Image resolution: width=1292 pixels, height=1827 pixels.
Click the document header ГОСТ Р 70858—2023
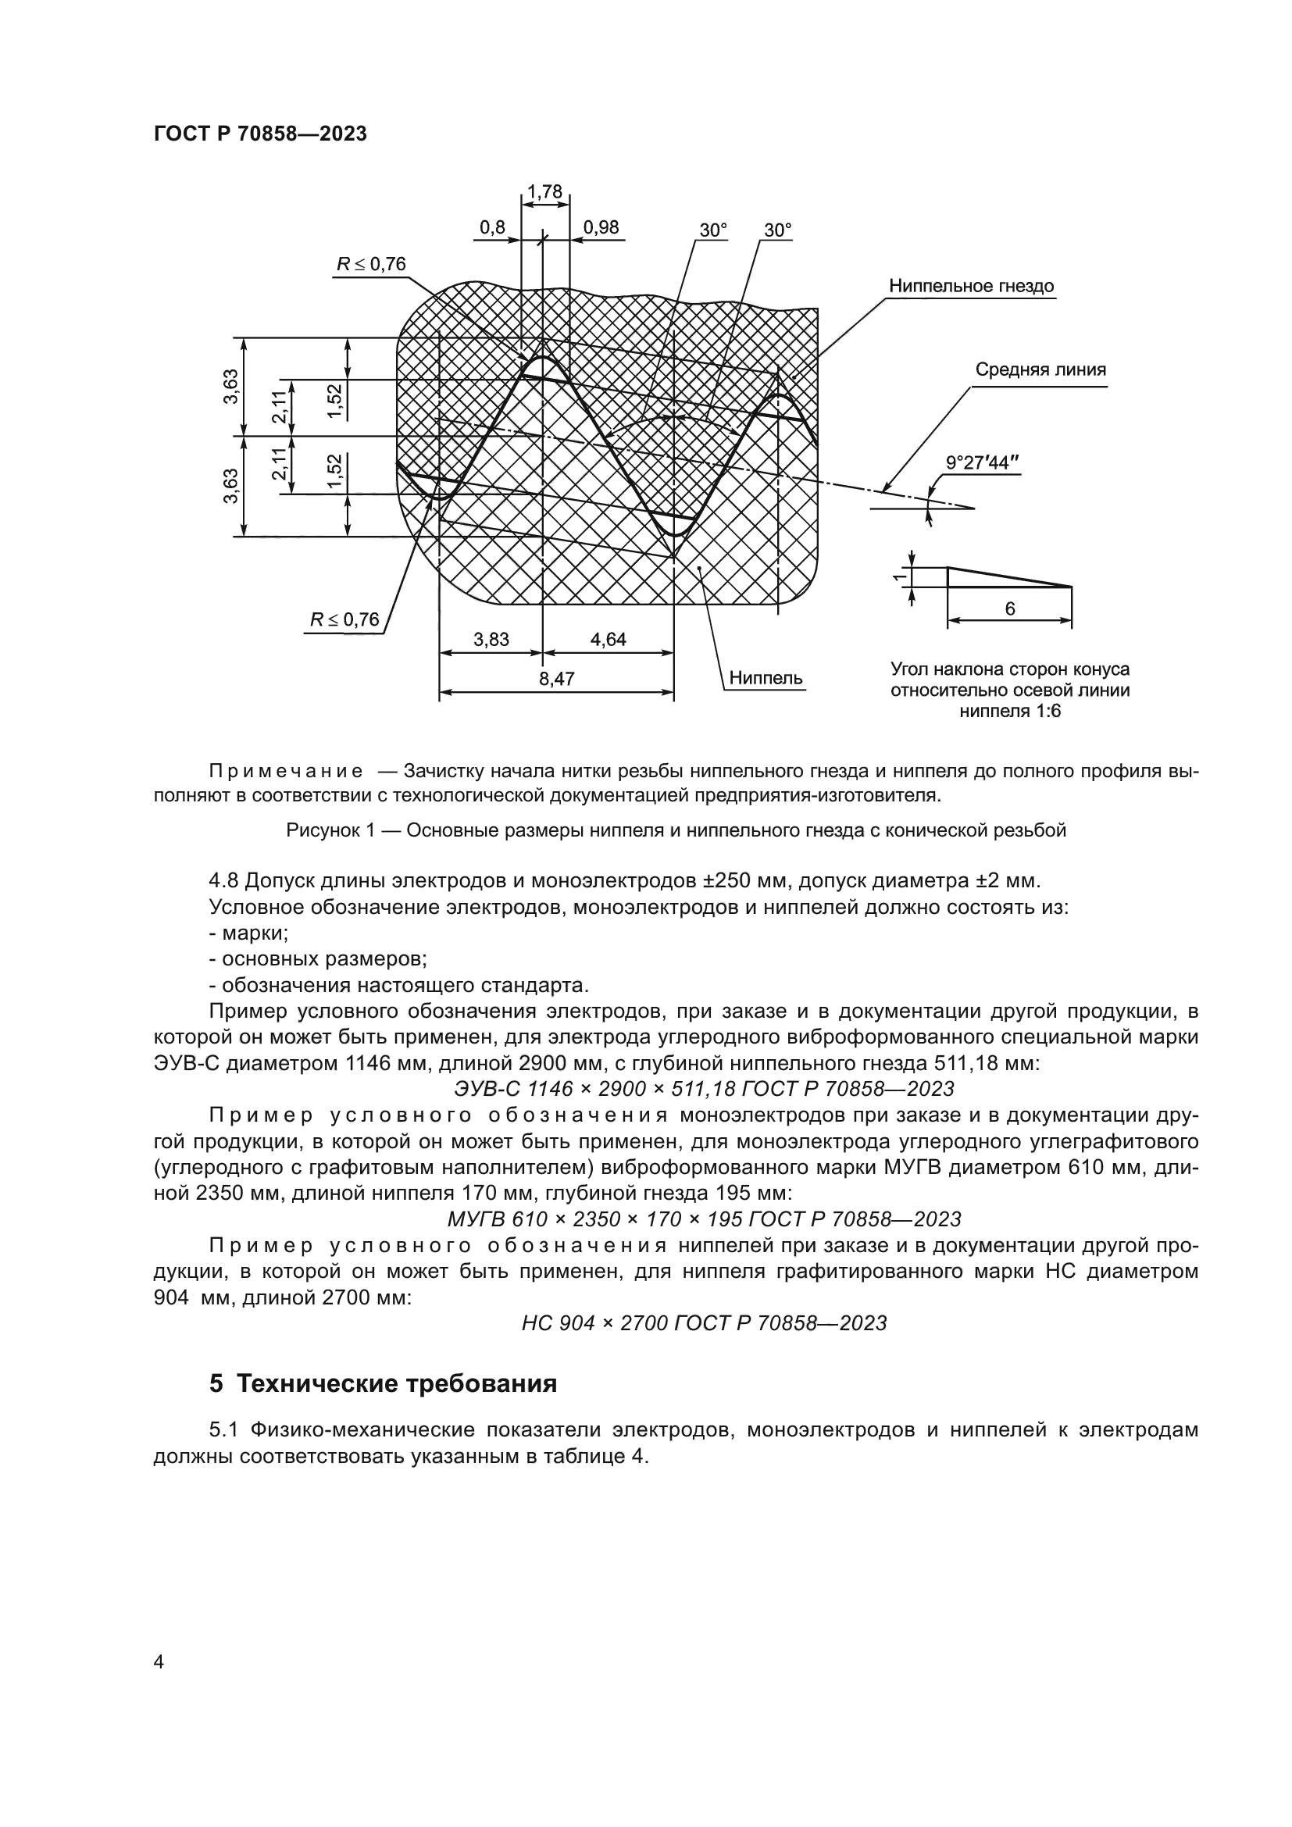pos(260,134)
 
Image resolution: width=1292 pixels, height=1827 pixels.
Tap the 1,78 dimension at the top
pos(545,192)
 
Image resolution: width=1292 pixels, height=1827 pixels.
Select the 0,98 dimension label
pos(601,227)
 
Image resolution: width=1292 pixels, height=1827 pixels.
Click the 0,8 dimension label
pos(492,227)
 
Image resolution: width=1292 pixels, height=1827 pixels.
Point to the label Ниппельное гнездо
pos(971,286)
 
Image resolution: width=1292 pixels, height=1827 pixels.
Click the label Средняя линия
pos(1040,369)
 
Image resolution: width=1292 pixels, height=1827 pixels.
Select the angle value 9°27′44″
pos(982,462)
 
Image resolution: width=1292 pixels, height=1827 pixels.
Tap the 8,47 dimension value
pos(556,679)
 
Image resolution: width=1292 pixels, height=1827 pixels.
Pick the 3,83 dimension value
pos(491,639)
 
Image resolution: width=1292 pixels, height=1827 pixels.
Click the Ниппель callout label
pos(766,678)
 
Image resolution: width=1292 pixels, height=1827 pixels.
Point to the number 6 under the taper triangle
pos(1009,608)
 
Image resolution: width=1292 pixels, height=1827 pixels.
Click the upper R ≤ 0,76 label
pos(371,264)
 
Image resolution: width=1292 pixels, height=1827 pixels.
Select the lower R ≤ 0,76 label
pos(344,619)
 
